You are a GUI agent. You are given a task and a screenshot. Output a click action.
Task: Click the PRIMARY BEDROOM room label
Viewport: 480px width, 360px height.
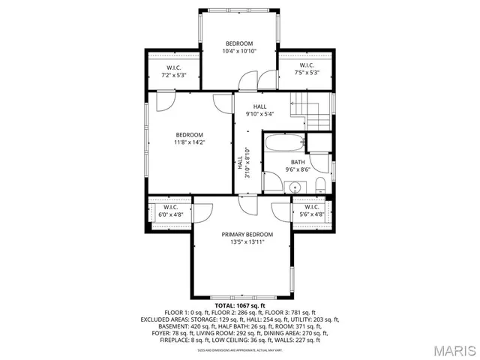(247, 235)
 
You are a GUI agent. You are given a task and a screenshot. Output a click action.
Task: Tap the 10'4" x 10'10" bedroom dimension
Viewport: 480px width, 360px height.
(239, 52)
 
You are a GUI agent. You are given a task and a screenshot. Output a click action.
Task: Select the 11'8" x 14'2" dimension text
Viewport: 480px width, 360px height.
(190, 142)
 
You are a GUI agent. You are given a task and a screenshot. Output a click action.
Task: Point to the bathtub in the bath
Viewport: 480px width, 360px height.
(284, 142)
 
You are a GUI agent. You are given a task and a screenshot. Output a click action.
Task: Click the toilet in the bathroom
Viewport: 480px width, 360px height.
(319, 185)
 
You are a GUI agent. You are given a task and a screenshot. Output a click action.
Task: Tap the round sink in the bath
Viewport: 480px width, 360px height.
(296, 187)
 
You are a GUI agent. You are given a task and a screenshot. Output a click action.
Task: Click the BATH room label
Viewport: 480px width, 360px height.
(298, 162)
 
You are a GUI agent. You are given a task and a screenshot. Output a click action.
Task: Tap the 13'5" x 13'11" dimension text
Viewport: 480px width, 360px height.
(247, 242)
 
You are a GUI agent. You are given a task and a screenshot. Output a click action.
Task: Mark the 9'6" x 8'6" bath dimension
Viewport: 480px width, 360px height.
(298, 169)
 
